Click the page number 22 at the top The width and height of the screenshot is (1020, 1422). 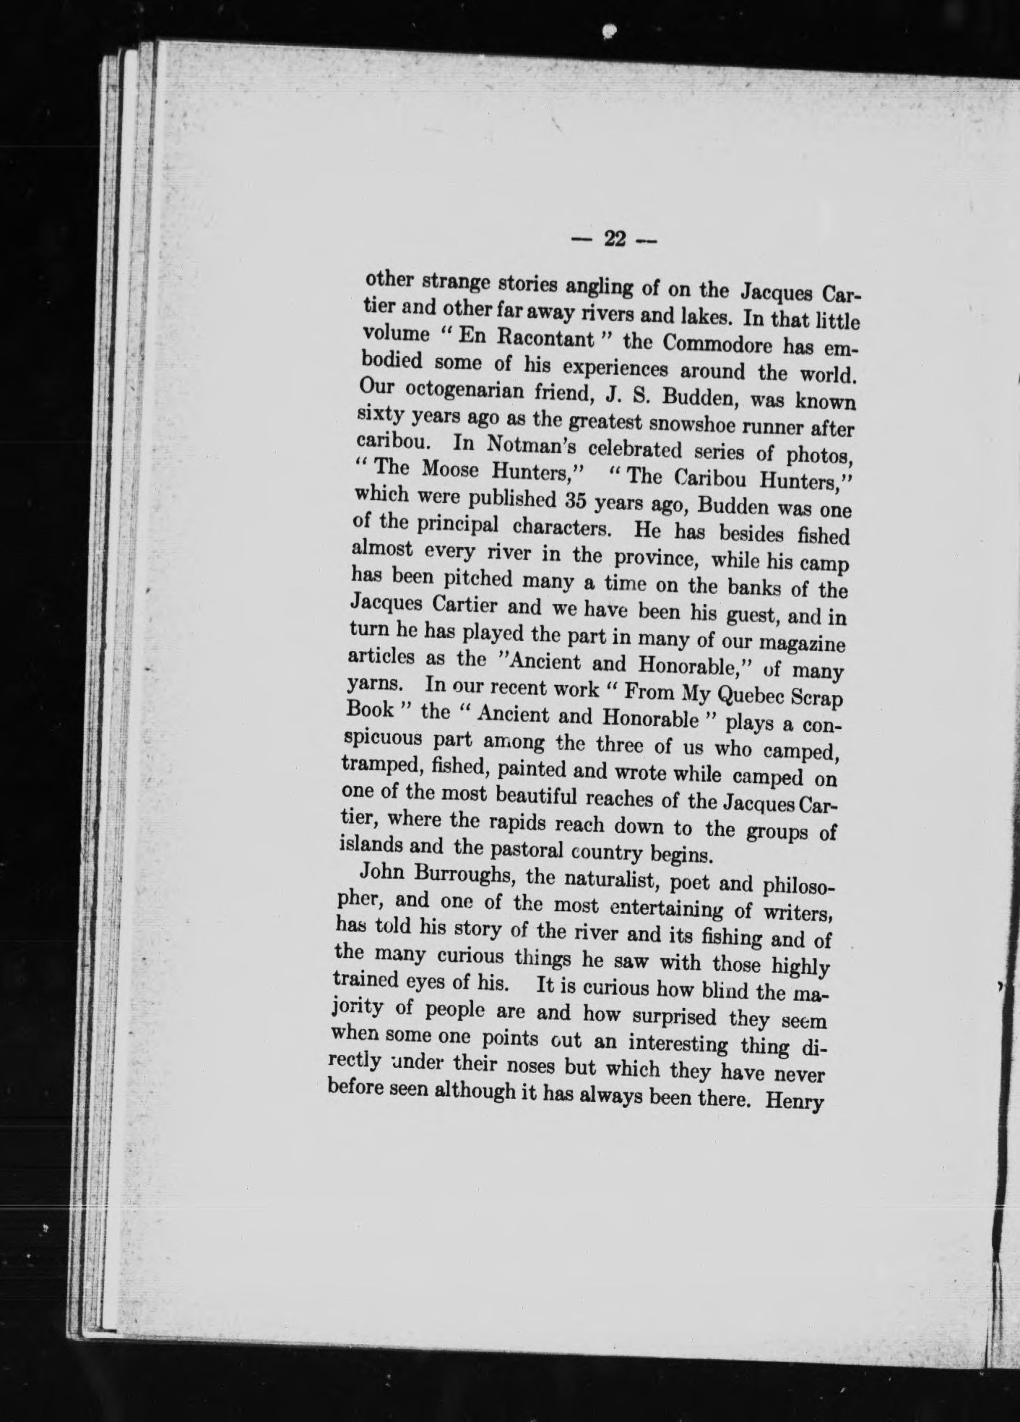coord(615,239)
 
